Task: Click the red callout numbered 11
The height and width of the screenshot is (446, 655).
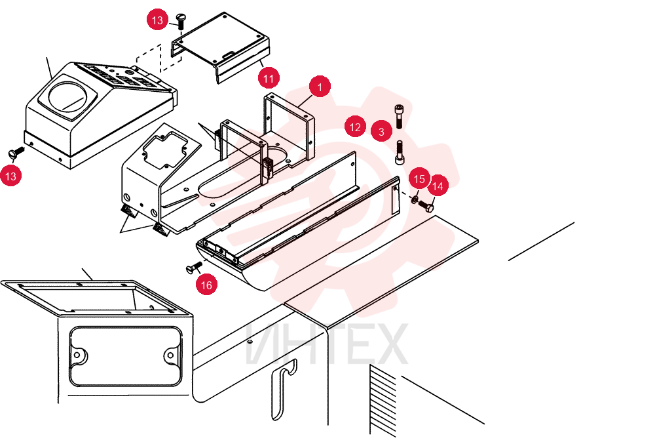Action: click(x=269, y=78)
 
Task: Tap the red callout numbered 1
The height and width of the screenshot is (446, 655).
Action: click(x=320, y=87)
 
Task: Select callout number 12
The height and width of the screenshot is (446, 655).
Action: click(x=355, y=127)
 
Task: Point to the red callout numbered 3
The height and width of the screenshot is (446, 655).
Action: click(x=381, y=131)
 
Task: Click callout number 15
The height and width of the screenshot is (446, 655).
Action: click(x=419, y=179)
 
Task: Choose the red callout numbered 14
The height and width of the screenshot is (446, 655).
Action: click(x=438, y=186)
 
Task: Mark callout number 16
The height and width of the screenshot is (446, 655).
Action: click(x=207, y=285)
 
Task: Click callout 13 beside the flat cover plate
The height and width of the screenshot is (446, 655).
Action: click(x=157, y=20)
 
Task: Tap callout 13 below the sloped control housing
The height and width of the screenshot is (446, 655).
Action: click(x=11, y=176)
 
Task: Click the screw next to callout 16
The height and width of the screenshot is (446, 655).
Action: click(x=194, y=267)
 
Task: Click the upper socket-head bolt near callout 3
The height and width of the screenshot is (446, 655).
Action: click(x=400, y=116)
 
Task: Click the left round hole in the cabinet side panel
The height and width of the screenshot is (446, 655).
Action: click(x=77, y=355)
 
